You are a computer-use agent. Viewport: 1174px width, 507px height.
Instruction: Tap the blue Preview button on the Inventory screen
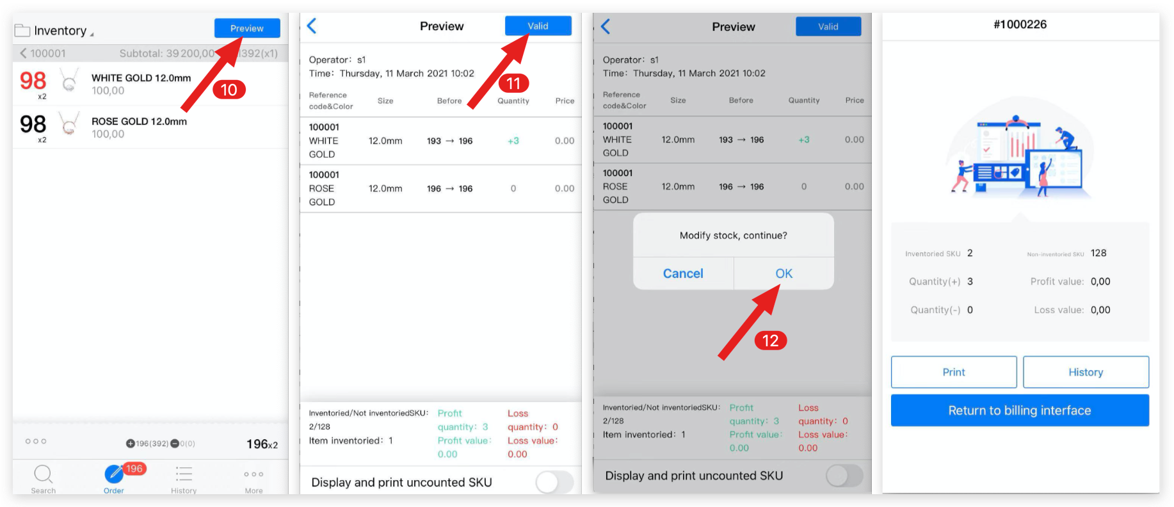(x=247, y=28)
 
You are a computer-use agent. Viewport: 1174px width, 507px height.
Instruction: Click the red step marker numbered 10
(x=229, y=90)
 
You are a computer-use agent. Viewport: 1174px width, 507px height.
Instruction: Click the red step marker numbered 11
(x=513, y=83)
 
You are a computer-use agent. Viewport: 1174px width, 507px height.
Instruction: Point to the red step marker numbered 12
(x=770, y=341)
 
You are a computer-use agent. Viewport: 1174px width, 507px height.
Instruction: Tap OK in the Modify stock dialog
(x=784, y=273)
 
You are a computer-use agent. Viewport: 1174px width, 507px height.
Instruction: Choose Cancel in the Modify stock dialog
(x=683, y=273)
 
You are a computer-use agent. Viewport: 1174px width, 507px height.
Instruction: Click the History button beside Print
(x=1086, y=372)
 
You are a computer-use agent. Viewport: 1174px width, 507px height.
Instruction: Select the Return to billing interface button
(x=1020, y=410)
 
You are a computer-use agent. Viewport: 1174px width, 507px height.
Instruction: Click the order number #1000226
(x=1020, y=24)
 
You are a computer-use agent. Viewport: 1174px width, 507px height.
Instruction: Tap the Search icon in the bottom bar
(x=43, y=475)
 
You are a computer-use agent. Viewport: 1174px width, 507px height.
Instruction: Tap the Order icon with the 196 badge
(x=115, y=475)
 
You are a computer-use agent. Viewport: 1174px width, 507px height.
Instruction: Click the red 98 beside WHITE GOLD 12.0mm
(x=33, y=81)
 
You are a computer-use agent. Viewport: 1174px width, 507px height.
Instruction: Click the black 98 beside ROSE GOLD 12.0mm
(x=33, y=124)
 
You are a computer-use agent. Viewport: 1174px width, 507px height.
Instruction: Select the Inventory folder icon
(x=22, y=31)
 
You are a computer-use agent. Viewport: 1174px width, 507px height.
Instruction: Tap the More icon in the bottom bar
(x=253, y=475)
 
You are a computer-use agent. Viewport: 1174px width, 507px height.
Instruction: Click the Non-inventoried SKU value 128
(x=1098, y=253)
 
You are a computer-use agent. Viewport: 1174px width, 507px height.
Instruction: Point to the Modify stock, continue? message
(x=734, y=236)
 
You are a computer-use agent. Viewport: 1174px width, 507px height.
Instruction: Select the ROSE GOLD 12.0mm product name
(x=139, y=121)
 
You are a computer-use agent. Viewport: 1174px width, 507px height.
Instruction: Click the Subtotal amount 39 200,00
(x=190, y=53)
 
